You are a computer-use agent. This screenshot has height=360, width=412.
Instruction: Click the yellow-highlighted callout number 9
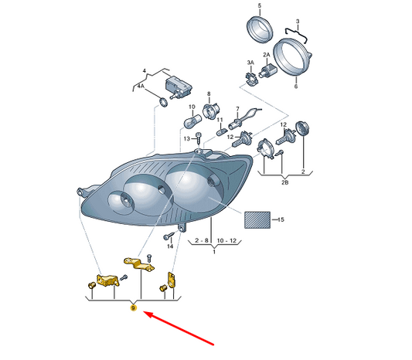[x=134, y=307]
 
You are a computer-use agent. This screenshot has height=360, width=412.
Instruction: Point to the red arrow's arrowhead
[x=148, y=314]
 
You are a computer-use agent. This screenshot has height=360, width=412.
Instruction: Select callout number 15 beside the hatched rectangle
[x=281, y=219]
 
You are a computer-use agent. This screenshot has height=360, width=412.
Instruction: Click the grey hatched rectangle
[x=257, y=219]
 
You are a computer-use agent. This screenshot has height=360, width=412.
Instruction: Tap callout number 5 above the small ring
[x=260, y=5]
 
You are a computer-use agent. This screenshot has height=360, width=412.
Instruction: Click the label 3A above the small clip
[x=250, y=63]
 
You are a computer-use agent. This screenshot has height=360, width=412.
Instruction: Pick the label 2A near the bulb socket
[x=267, y=55]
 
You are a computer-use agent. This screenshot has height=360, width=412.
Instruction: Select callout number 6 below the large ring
[x=296, y=87]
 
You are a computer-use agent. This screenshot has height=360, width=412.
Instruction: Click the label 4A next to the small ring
[x=141, y=86]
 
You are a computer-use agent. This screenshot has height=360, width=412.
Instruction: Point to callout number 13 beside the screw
[x=186, y=138]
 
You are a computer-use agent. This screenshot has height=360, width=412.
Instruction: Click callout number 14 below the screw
[x=170, y=246]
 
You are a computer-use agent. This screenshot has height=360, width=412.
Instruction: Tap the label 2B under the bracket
[x=284, y=182]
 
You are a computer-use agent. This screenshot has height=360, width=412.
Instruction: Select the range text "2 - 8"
[x=202, y=240]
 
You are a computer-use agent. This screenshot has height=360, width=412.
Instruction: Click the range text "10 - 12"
[x=226, y=240]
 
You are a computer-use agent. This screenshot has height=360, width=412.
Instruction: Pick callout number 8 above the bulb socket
[x=209, y=93]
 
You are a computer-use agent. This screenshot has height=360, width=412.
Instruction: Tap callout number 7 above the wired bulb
[x=237, y=109]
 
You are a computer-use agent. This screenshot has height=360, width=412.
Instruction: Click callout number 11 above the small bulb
[x=220, y=120]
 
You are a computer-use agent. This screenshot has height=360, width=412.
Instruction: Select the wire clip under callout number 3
[x=296, y=34]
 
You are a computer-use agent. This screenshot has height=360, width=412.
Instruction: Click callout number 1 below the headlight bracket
[x=214, y=252]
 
